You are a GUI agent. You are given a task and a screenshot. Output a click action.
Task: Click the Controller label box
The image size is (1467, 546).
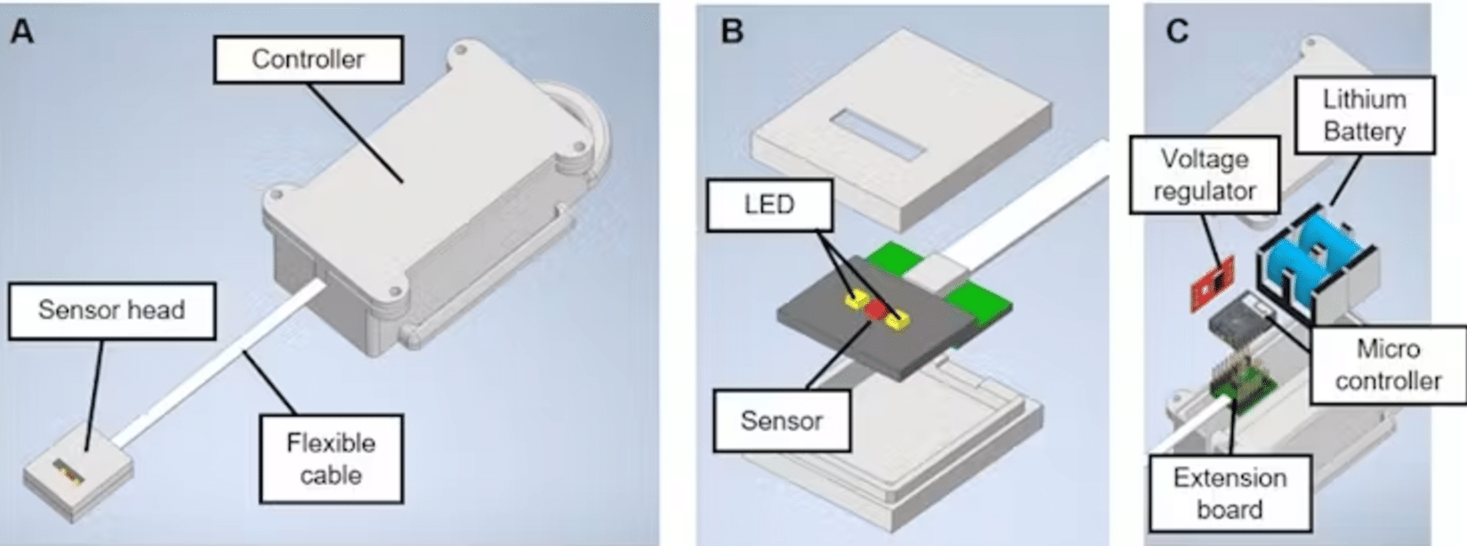[308, 60]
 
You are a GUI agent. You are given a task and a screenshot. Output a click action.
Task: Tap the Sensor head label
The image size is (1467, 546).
[112, 310]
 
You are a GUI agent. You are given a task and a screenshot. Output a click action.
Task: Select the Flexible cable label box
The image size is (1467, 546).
[331, 459]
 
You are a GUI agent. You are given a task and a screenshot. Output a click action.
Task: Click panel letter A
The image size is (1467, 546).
[21, 32]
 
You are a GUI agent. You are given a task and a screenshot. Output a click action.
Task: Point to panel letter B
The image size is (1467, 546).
[731, 32]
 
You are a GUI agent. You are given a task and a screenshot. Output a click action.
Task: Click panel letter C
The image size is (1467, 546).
[1176, 32]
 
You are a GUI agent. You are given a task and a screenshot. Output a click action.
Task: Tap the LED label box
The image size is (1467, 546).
[769, 205]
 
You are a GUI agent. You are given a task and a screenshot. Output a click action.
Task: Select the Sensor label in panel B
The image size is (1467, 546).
[781, 421]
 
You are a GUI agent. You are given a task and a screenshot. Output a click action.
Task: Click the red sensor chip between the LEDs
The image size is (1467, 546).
[876, 309]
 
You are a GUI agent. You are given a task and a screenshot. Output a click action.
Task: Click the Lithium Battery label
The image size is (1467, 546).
[1364, 116]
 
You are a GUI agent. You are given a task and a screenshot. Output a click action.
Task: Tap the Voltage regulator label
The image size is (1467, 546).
[1205, 175]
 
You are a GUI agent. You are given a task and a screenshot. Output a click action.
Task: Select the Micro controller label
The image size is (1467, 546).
[1388, 365]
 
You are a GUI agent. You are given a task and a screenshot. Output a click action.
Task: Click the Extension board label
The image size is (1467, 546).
[1229, 494]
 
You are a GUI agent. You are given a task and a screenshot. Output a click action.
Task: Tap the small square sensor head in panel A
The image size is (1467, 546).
[77, 480]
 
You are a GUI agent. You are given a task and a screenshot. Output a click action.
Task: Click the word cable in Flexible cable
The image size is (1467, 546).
[331, 475]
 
